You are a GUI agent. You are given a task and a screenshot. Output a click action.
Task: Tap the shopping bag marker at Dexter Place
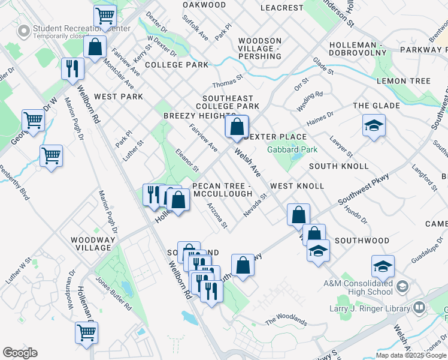(x=237, y=127)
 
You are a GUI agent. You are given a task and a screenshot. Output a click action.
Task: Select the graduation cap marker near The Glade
(x=374, y=126)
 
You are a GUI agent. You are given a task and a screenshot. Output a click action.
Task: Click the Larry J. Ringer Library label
(x=368, y=308)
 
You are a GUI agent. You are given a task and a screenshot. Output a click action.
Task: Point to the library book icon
(x=419, y=308)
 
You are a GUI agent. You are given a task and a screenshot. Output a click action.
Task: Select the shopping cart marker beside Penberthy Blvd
(x=52, y=156)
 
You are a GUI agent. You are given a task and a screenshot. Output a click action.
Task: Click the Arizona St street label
(x=217, y=215)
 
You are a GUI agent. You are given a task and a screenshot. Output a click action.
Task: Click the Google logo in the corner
(x=20, y=353)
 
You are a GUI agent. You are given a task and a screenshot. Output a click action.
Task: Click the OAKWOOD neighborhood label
(x=204, y=5)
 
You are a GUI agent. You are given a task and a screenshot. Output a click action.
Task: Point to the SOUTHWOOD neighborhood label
(x=362, y=241)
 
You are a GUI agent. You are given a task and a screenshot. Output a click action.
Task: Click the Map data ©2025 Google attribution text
(x=411, y=355)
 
